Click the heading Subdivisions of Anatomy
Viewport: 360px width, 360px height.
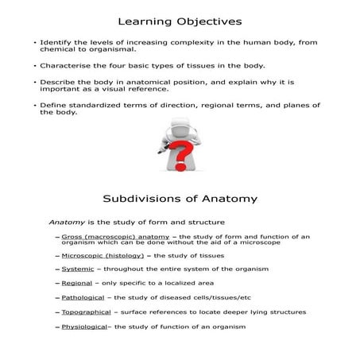pos(179,198)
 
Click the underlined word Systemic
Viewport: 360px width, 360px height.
pos(77,269)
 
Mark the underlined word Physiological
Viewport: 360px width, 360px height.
pos(84,327)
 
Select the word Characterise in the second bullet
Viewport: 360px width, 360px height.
pos(64,65)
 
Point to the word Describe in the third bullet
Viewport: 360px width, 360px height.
pos(56,82)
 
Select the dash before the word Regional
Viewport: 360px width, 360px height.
pos(58,284)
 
